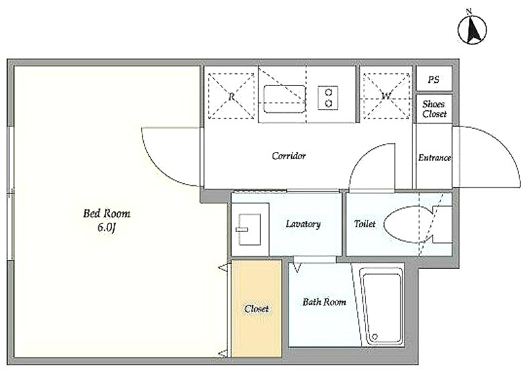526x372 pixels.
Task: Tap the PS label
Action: (434, 80)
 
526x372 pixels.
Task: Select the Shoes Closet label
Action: (434, 109)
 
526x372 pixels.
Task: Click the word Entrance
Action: (434, 158)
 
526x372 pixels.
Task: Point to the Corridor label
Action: (289, 156)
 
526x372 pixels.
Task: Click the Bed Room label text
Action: (107, 213)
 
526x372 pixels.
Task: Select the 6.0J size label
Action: (107, 227)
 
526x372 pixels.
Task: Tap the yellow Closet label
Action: (256, 308)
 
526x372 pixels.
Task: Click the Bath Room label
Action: (324, 302)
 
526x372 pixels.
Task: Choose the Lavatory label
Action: (303, 224)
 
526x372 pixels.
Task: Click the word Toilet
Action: (365, 223)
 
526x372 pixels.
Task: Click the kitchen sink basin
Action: (285, 99)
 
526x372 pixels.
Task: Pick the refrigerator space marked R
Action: (231, 96)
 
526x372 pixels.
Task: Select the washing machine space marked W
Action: (387, 96)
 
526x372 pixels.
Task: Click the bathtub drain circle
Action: (375, 336)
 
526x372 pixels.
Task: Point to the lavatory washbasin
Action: (249, 229)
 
